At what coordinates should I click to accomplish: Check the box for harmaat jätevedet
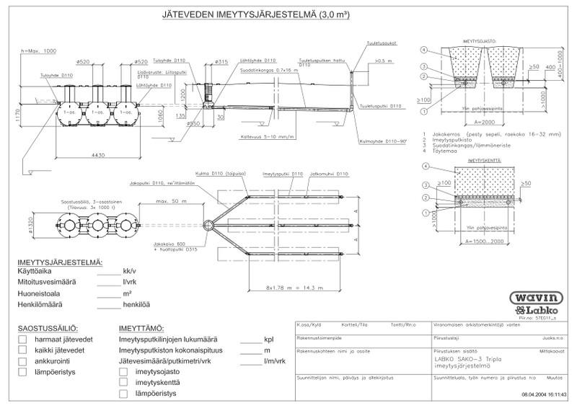point(22,337)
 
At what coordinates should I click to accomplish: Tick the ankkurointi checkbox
point(22,361)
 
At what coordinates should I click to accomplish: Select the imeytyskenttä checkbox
point(123,382)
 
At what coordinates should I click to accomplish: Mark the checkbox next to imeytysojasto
point(123,371)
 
